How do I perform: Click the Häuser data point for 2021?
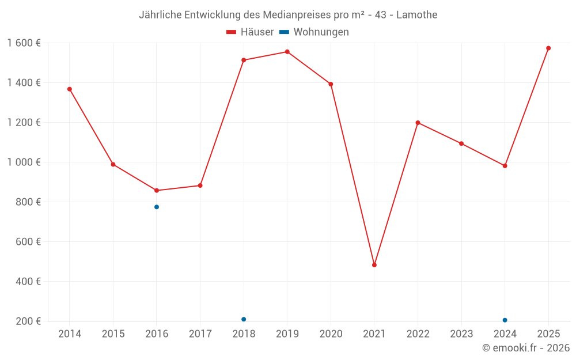pos(374,265)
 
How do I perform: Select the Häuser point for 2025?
pos(548,48)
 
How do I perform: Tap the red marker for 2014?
pos(70,89)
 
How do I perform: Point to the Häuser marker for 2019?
pos(287,52)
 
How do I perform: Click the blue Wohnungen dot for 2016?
pos(157,207)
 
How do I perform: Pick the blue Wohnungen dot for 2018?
pos(244,319)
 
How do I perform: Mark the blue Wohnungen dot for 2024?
pos(505,320)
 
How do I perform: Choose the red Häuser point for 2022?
pos(418,123)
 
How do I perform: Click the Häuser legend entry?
pos(250,32)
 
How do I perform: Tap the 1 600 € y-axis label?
pos(24,43)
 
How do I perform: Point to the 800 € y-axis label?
pos(28,202)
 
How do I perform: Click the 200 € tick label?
pos(28,321)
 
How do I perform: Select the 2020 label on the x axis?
pos(331,334)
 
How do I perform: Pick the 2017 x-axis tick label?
pos(200,334)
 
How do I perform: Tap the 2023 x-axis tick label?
pos(461,334)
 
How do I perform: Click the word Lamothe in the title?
pos(417,14)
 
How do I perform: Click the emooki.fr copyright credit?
pos(526,348)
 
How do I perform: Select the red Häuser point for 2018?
pos(244,60)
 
